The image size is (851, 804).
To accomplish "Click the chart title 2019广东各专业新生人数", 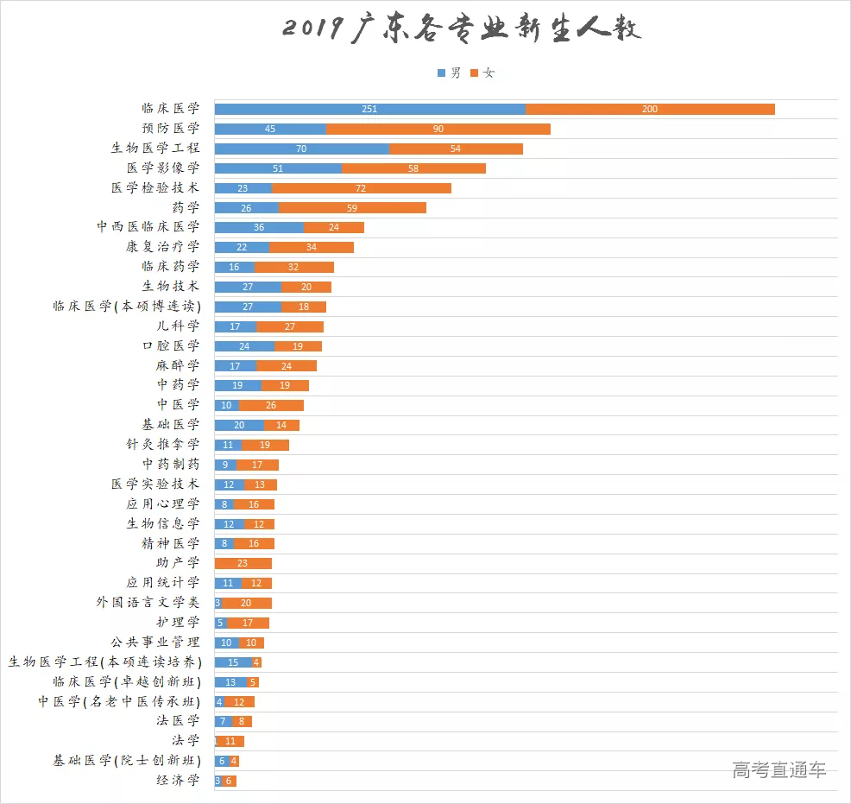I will pyautogui.click(x=462, y=29).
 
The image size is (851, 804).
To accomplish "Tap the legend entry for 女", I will pyautogui.click(x=482, y=73).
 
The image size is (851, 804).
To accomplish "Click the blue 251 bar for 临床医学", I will pyautogui.click(x=369, y=109).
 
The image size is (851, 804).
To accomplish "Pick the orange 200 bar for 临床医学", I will pyautogui.click(x=650, y=109).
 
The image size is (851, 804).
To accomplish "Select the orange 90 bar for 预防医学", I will pyautogui.click(x=438, y=129).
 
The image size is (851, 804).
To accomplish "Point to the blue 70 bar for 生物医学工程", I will pyautogui.click(x=301, y=149).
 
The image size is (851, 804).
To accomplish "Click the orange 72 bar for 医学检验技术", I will pyautogui.click(x=361, y=188).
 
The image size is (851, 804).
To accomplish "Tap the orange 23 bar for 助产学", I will pyautogui.click(x=243, y=563).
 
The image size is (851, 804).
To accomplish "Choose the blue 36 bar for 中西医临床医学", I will pyautogui.click(x=259, y=227).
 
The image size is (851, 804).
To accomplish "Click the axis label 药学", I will pyautogui.click(x=186, y=207).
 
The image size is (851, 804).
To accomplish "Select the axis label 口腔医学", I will pyautogui.click(x=171, y=345).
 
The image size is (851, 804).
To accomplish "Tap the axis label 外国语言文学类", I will pyautogui.click(x=148, y=602).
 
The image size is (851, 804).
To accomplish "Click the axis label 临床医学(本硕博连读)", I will pyautogui.click(x=126, y=307).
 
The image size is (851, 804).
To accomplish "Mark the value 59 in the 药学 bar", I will pyautogui.click(x=351, y=208).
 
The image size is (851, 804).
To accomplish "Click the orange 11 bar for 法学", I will pyautogui.click(x=231, y=741).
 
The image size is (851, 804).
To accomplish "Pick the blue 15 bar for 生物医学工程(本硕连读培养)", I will pyautogui.click(x=233, y=662).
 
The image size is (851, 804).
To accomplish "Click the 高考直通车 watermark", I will pyautogui.click(x=779, y=770).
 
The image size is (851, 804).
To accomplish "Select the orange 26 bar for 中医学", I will pyautogui.click(x=271, y=405).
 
